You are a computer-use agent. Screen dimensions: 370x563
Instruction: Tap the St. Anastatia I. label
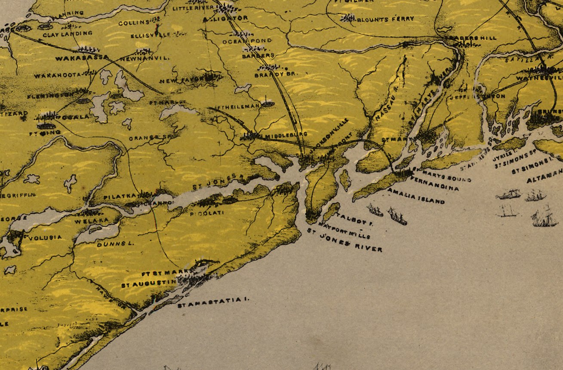pos(214,302)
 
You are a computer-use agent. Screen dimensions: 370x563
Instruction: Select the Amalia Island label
pos(416,196)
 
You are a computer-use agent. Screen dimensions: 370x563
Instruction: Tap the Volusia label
pos(45,237)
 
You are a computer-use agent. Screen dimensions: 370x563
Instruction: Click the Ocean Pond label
pos(247,41)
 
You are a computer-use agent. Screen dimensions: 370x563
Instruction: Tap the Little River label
pos(189,8)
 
